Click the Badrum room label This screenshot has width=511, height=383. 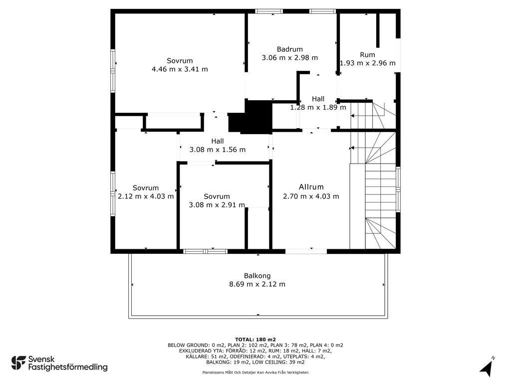point(290,49)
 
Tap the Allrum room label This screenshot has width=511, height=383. point(311,187)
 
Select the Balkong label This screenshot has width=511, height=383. point(257,276)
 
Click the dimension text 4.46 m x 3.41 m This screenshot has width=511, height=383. point(180,69)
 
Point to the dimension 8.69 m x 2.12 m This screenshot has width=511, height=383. point(257,284)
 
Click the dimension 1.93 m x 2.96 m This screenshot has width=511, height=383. point(368,63)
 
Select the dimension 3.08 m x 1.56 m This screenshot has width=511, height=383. point(218,150)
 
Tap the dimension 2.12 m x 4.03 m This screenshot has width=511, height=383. point(146,196)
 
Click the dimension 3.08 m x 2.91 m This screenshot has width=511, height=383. point(217,204)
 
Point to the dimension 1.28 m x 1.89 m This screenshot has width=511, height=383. point(318,107)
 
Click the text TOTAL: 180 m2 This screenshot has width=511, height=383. point(255,339)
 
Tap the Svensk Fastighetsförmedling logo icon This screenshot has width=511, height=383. point(18,363)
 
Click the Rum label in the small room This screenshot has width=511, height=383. point(367,55)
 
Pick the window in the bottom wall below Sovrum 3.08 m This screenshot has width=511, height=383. point(205,251)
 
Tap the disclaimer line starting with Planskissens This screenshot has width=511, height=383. point(255,372)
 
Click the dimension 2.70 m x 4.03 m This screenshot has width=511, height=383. point(311,196)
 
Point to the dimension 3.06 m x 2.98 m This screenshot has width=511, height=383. point(290,58)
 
